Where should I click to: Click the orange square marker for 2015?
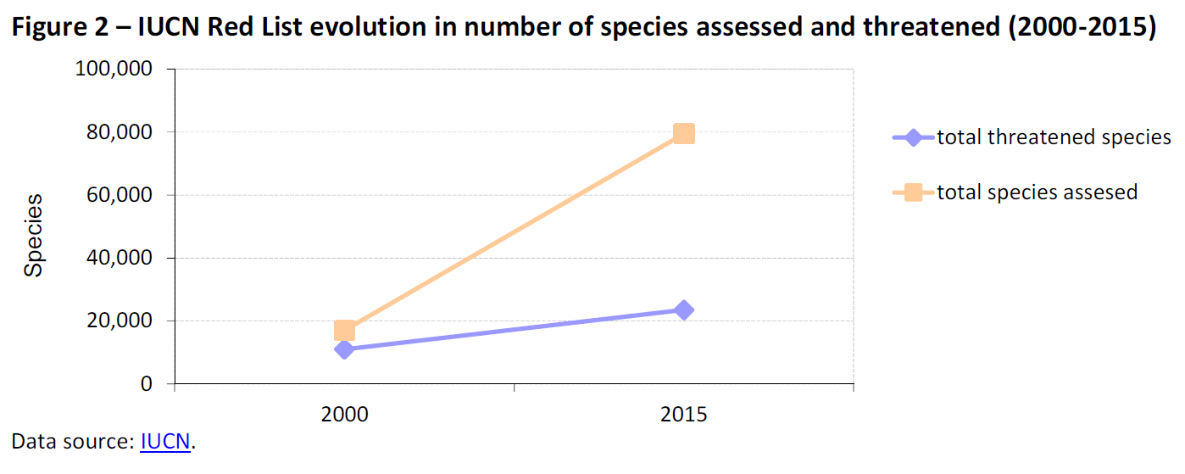pyautogui.click(x=683, y=133)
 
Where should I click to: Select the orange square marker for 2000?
pyautogui.click(x=344, y=330)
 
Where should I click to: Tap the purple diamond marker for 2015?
pyautogui.click(x=683, y=309)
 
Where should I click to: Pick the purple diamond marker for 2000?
pyautogui.click(x=344, y=349)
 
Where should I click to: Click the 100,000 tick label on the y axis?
pyautogui.click(x=114, y=70)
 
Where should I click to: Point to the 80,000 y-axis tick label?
pyautogui.click(x=118, y=132)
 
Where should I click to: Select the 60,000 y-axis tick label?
pyautogui.click(x=118, y=195)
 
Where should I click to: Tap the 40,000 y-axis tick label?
pyautogui.click(x=118, y=258)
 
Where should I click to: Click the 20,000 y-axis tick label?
pyautogui.click(x=118, y=321)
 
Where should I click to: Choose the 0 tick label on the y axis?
pyautogui.click(x=146, y=384)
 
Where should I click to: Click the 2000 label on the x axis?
pyautogui.click(x=344, y=415)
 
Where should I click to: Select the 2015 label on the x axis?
pyautogui.click(x=683, y=415)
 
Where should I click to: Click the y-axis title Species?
pyautogui.click(x=33, y=235)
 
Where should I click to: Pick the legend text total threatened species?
pyautogui.click(x=1054, y=137)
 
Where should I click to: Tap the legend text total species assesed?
pyautogui.click(x=1037, y=192)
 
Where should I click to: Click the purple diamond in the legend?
pyautogui.click(x=914, y=137)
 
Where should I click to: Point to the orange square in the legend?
pyautogui.click(x=914, y=192)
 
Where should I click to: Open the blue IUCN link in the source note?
pyautogui.click(x=165, y=442)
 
